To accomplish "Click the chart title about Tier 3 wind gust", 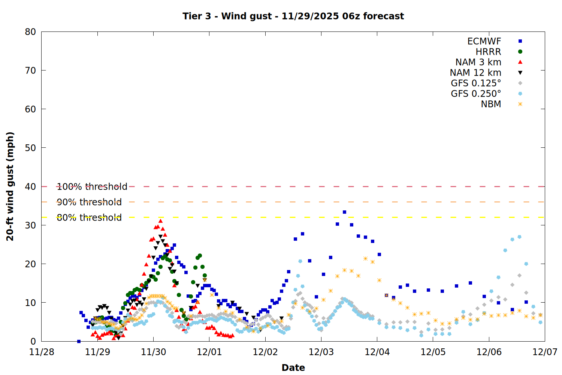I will point(293,16).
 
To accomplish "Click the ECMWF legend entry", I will point(484,41).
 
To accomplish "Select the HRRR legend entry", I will point(488,52).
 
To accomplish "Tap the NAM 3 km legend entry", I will point(478,62).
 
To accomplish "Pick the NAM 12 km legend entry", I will point(475,73).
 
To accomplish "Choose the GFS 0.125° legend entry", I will point(476,83).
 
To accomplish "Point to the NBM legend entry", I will point(491,104).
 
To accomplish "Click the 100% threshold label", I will point(92,187).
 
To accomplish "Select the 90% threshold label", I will point(89,202).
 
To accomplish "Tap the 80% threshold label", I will point(89,217).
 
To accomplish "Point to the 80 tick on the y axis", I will point(30,32).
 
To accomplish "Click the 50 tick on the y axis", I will point(30,148).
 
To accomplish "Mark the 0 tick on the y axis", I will point(33,341).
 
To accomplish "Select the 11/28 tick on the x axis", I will point(42,352).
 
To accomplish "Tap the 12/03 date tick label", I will point(321,352).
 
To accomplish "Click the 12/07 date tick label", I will point(545,352).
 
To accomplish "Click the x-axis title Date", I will point(293,367).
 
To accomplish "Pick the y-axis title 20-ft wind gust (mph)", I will point(10,186).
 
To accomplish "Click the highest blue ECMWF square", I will point(344,212).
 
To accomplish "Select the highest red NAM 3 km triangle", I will point(160,221).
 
